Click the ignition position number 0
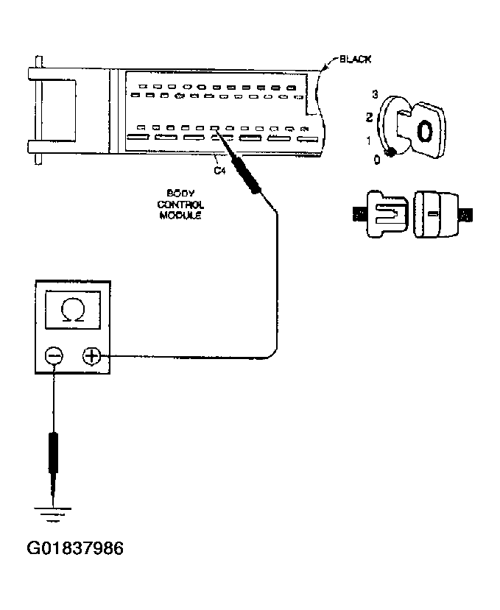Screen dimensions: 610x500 [377, 159]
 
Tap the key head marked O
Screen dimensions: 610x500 [423, 132]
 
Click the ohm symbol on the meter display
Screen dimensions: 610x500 [73, 313]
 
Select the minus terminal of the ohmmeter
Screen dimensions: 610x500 [54, 356]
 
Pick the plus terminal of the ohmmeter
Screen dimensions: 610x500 [91, 356]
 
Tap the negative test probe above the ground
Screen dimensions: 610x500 [53, 456]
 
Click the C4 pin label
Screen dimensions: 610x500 [218, 171]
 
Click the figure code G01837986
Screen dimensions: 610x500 [75, 548]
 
